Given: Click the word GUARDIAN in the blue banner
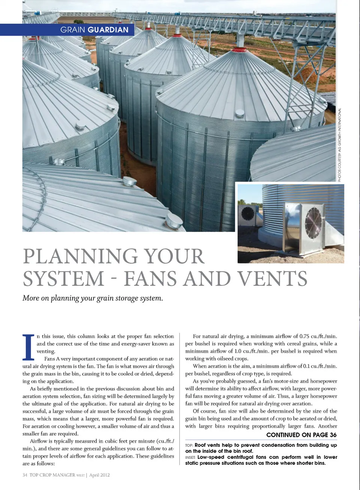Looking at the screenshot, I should (x=108, y=30).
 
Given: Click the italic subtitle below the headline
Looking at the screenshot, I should (x=93, y=298).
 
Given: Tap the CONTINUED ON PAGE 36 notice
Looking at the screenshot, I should (x=301, y=435).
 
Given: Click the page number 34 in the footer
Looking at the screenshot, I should (x=25, y=475).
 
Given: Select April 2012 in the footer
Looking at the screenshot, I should (x=99, y=475).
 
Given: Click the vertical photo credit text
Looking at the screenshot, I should (x=340, y=145).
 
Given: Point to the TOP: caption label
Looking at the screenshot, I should (x=189, y=445).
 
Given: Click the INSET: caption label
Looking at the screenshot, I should (x=190, y=457).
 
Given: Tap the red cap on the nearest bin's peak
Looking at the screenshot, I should (x=239, y=49).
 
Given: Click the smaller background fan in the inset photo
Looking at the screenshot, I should (x=248, y=214).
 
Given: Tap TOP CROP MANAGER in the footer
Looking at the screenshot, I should (x=52, y=475).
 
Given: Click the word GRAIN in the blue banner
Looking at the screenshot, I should (x=73, y=30).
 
